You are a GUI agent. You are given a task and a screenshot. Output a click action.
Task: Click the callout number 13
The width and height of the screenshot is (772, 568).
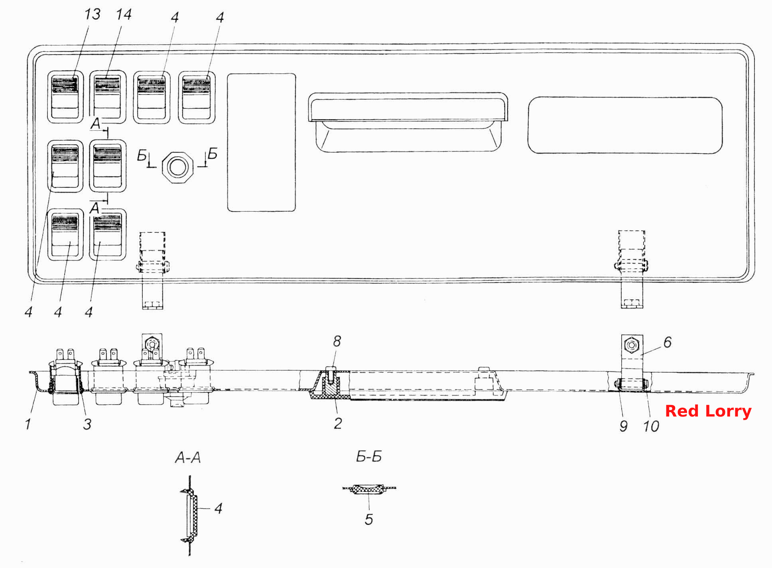tap(92, 14)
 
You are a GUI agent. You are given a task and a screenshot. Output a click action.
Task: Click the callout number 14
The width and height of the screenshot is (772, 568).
tap(124, 14)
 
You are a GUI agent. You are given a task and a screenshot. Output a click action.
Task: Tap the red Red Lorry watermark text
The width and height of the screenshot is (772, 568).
tap(708, 411)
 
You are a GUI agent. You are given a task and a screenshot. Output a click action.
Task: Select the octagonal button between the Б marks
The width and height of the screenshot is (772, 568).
tap(178, 167)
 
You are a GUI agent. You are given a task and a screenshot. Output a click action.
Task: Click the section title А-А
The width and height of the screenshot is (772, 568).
tap(188, 458)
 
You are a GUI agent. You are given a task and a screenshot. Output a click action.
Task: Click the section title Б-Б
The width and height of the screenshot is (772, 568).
tap(369, 456)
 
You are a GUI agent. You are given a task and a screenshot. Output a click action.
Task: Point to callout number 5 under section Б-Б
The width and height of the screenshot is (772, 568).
tap(369, 519)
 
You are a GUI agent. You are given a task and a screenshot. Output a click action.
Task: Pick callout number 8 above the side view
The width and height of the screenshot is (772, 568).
tap(337, 341)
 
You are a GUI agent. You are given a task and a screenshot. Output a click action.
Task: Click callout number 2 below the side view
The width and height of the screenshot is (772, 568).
tap(338, 423)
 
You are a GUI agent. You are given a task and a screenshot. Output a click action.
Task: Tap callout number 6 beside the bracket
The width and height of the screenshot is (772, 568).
tap(668, 342)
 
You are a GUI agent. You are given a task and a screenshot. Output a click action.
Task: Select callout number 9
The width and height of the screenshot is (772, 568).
tap(624, 426)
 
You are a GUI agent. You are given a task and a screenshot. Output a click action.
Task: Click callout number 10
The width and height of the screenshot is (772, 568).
tap(651, 426)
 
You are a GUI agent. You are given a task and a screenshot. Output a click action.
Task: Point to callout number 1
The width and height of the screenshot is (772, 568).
tap(28, 424)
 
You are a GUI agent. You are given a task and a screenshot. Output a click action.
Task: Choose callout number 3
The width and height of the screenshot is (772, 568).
tap(87, 424)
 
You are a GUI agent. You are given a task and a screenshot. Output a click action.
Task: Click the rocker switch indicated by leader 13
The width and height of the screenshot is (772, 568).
tap(65, 97)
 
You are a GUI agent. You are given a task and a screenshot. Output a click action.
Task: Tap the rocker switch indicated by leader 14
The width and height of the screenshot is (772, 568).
tap(107, 97)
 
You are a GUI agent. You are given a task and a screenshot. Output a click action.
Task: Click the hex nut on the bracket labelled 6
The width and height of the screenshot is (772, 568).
tap(632, 345)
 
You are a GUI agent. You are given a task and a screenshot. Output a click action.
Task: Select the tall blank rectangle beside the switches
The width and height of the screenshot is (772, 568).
tap(262, 142)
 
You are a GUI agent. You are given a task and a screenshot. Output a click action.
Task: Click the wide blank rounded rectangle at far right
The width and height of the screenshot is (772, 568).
tap(625, 125)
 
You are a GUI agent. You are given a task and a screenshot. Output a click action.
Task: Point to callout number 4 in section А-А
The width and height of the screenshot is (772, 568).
tap(218, 508)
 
